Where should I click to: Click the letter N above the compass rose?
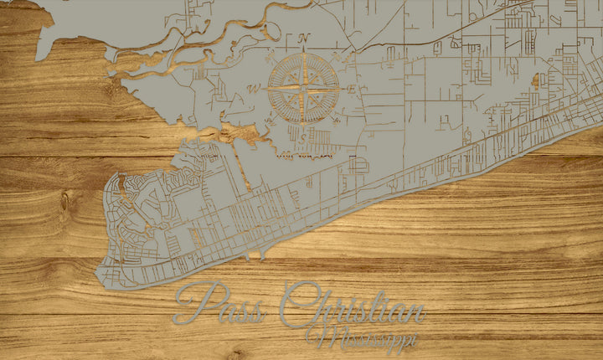point(304,38)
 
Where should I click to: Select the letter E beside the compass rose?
point(352,87)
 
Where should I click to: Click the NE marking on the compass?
point(338,55)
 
